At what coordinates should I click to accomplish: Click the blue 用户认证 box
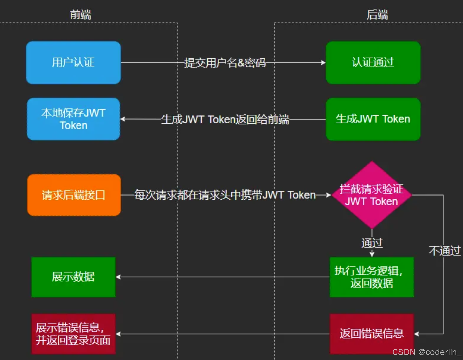pyautogui.click(x=74, y=62)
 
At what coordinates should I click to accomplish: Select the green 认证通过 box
pyautogui.click(x=373, y=62)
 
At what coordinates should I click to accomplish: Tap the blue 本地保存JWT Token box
pyautogui.click(x=74, y=119)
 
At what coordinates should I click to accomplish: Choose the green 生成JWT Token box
pyautogui.click(x=373, y=119)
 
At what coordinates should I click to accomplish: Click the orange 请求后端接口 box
pyautogui.click(x=74, y=195)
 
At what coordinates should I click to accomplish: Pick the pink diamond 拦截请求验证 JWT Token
pyautogui.click(x=372, y=195)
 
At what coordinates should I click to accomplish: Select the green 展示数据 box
pyautogui.click(x=74, y=277)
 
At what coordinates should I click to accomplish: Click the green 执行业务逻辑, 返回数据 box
pyautogui.click(x=372, y=277)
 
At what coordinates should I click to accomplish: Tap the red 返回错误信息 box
pyautogui.click(x=372, y=334)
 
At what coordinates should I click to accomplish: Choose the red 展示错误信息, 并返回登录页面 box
pyautogui.click(x=74, y=334)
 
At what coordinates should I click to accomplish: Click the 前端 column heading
pyautogui.click(x=80, y=15)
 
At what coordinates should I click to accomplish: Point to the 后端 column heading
pyautogui.click(x=377, y=15)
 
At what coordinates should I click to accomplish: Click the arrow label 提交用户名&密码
pyautogui.click(x=225, y=63)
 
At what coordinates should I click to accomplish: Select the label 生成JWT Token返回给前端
pyautogui.click(x=225, y=119)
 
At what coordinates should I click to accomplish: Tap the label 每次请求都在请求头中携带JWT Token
pyautogui.click(x=225, y=195)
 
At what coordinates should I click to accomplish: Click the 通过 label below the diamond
pyautogui.click(x=372, y=243)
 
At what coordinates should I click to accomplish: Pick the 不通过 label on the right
pyautogui.click(x=444, y=250)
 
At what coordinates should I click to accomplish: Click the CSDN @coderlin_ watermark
pyautogui.click(x=427, y=352)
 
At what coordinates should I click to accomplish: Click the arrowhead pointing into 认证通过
pyautogui.click(x=323, y=62)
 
